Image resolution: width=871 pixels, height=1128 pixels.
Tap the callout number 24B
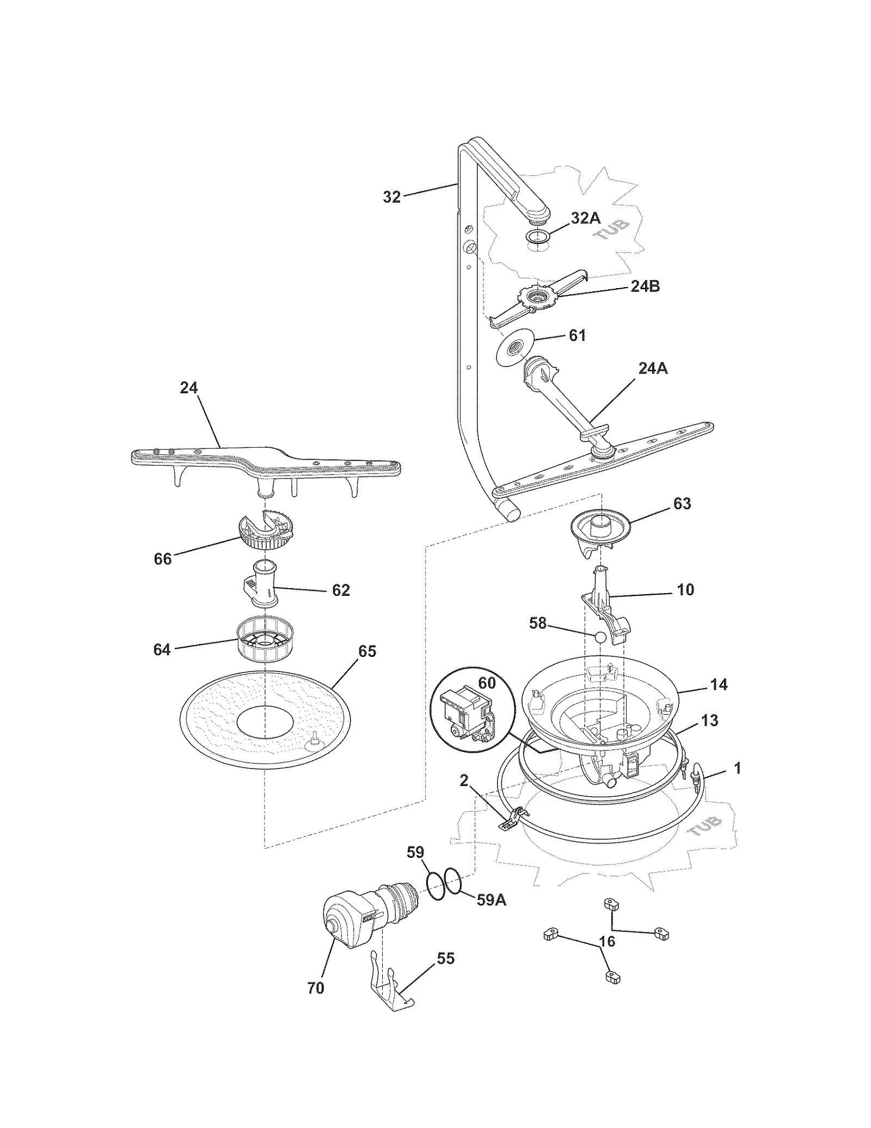point(645,286)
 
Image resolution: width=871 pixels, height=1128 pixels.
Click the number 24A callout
point(653,369)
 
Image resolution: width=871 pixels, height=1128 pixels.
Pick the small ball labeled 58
point(599,636)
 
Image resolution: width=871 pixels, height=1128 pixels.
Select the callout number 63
point(682,503)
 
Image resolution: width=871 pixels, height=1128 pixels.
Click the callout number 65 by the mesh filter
point(367,651)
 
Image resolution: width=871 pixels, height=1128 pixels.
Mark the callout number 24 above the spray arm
point(189,388)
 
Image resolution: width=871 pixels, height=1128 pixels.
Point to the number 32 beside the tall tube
point(391,197)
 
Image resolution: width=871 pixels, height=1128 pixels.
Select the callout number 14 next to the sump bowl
point(719,684)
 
